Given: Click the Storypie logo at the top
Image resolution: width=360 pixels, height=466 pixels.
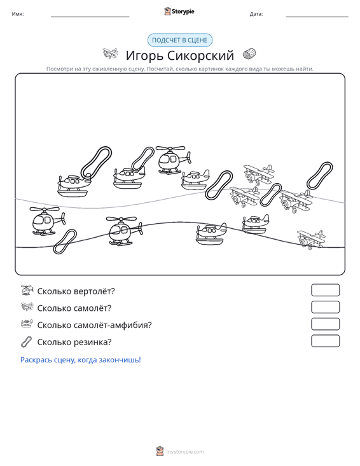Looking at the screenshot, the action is point(179,11).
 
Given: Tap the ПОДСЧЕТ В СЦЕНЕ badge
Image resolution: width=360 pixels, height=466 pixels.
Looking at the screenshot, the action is point(180,40).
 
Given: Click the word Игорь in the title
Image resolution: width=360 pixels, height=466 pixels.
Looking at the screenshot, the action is point(144,55).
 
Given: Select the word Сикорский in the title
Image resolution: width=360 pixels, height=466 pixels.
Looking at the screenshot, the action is point(200,55).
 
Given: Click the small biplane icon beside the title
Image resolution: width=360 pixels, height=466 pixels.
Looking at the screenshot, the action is point(110,53).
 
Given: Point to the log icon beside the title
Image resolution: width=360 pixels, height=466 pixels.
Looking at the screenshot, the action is point(249,54).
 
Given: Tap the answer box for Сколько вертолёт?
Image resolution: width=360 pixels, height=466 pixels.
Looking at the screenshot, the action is point(325,290).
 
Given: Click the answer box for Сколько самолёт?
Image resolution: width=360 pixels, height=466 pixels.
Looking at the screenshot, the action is point(325,307).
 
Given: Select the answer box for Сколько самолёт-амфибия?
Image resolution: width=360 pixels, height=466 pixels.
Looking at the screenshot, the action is point(325,324).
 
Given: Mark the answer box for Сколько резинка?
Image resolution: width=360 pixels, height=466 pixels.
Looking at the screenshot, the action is point(325,341).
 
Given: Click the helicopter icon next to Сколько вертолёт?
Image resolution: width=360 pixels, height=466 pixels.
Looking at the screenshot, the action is point(27,290).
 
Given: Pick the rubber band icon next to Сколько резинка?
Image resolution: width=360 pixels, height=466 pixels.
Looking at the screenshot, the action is point(27,341).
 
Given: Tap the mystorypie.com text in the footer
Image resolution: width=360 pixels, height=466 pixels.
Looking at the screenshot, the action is point(185,452).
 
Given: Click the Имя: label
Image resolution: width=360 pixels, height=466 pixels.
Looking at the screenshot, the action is point(18,14).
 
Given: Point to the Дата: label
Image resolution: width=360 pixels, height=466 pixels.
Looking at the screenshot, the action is point(256,14).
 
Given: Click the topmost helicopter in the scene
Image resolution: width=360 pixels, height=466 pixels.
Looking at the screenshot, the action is point(173,160).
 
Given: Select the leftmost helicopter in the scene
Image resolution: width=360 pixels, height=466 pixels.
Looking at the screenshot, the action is point(47,221).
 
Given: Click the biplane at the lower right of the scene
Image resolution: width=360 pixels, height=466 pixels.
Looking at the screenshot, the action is point(311,239).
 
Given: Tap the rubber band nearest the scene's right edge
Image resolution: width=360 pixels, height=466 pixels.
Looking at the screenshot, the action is point(319,175).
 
